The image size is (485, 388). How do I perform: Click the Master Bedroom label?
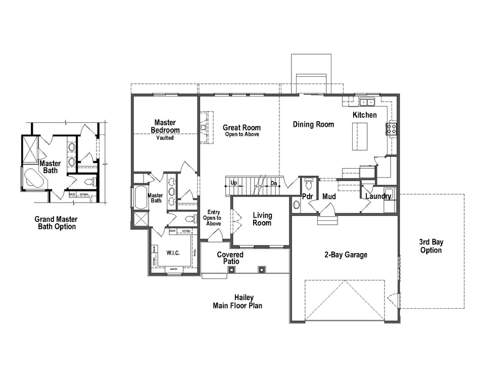coord(165,126)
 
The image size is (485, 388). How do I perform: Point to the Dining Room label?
coord(313,124)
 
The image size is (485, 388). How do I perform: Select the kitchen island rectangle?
coord(360,136)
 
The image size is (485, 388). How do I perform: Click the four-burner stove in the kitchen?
coord(392,128)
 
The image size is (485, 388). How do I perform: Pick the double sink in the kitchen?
coord(367,103)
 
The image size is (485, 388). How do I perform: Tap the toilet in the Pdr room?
coord(309,183)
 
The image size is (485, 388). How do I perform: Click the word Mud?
coord(329,196)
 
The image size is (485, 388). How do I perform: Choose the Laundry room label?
coord(378,196)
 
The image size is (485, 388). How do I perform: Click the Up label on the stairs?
coord(233,183)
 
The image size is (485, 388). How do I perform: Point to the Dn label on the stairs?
coord(273,183)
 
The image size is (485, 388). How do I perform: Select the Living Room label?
coord(262,219)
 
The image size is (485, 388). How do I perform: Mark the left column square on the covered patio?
coord(231,269)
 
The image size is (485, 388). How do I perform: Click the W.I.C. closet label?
coord(173,252)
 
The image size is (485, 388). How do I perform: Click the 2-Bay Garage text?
coord(346,255)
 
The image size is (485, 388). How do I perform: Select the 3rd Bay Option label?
coord(431,246)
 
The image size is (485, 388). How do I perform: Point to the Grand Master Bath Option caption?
coord(56,223)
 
